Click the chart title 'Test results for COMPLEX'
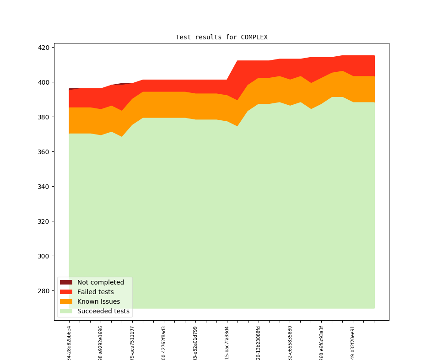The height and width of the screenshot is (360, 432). (x=221, y=37)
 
